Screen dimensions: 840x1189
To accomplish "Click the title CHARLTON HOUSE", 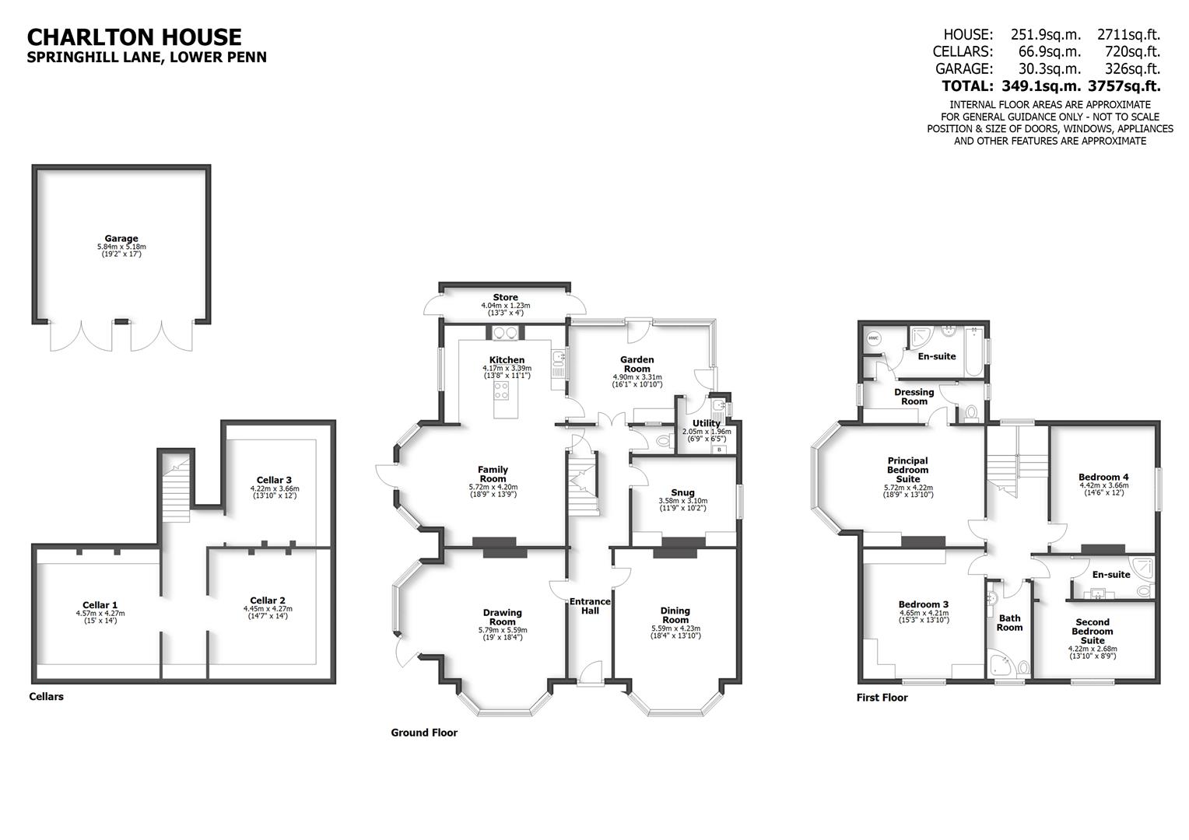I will click(x=135, y=37).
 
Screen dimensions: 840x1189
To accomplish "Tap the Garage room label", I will click(x=121, y=239).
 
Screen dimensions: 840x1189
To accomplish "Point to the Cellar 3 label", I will click(x=274, y=480).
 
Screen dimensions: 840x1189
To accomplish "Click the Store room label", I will click(x=505, y=298).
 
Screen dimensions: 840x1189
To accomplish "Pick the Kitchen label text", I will click(x=507, y=360).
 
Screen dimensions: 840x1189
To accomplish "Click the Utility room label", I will click(x=707, y=423).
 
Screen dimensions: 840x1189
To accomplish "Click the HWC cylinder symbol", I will click(x=873, y=338).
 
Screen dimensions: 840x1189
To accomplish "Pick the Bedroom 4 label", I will click(x=1103, y=477).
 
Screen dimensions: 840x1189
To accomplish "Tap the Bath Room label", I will click(x=1009, y=622).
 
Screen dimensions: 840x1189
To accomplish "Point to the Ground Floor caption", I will click(x=424, y=733).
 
